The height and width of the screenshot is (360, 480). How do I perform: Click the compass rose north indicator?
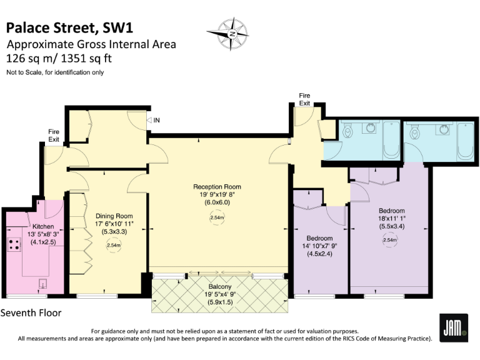click(x=232, y=33)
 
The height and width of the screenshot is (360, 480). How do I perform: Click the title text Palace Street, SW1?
click(x=69, y=27)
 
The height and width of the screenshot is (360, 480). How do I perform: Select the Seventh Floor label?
click(x=31, y=312)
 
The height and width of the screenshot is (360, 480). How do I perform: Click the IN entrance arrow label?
click(x=153, y=121)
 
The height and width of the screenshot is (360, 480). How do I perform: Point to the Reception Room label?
click(x=217, y=187)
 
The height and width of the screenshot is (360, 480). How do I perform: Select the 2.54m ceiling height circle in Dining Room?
click(x=113, y=246)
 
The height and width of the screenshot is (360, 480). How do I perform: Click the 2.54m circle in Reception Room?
click(x=217, y=217)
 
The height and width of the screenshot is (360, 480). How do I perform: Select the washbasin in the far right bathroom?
click(x=444, y=129)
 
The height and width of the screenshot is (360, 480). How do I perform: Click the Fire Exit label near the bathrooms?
click(x=304, y=99)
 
